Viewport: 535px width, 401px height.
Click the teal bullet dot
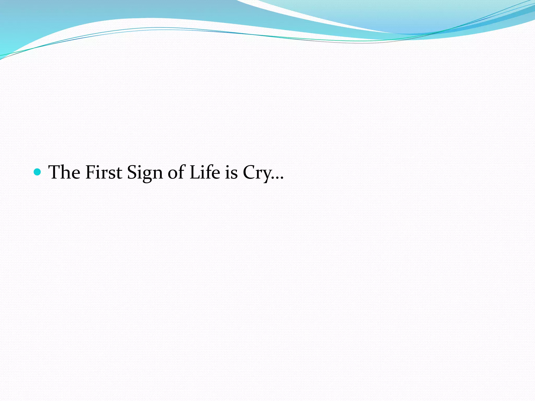[38, 172]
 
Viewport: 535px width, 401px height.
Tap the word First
[104, 172]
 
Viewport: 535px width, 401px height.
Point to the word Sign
[145, 173]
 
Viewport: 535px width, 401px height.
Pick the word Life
[205, 172]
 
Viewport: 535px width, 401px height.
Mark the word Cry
[257, 173]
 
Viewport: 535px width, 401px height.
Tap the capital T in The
[55, 172]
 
